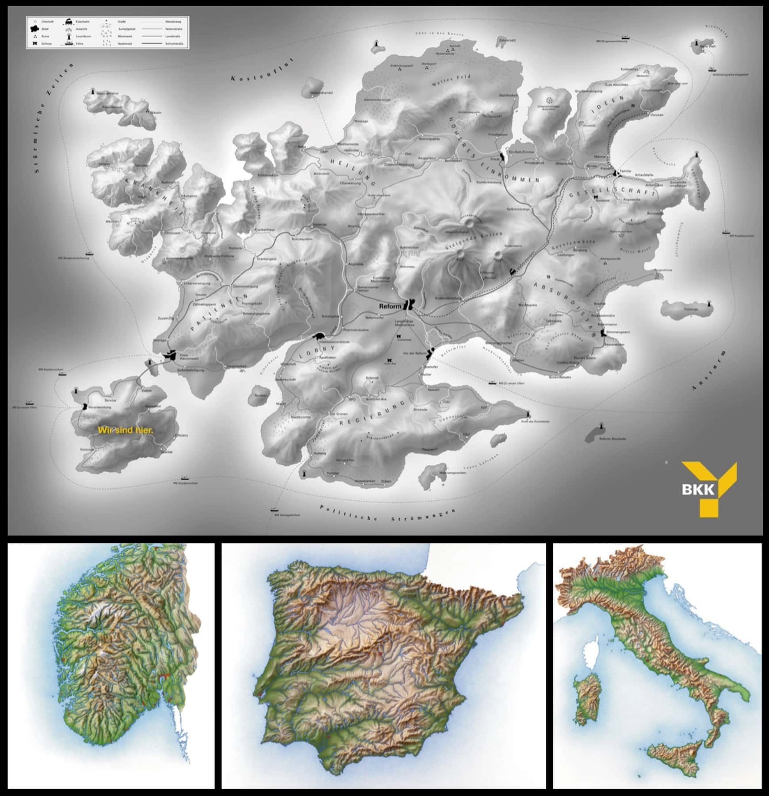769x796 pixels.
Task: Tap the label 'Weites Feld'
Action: (451, 80)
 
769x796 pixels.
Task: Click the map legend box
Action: (107, 33)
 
